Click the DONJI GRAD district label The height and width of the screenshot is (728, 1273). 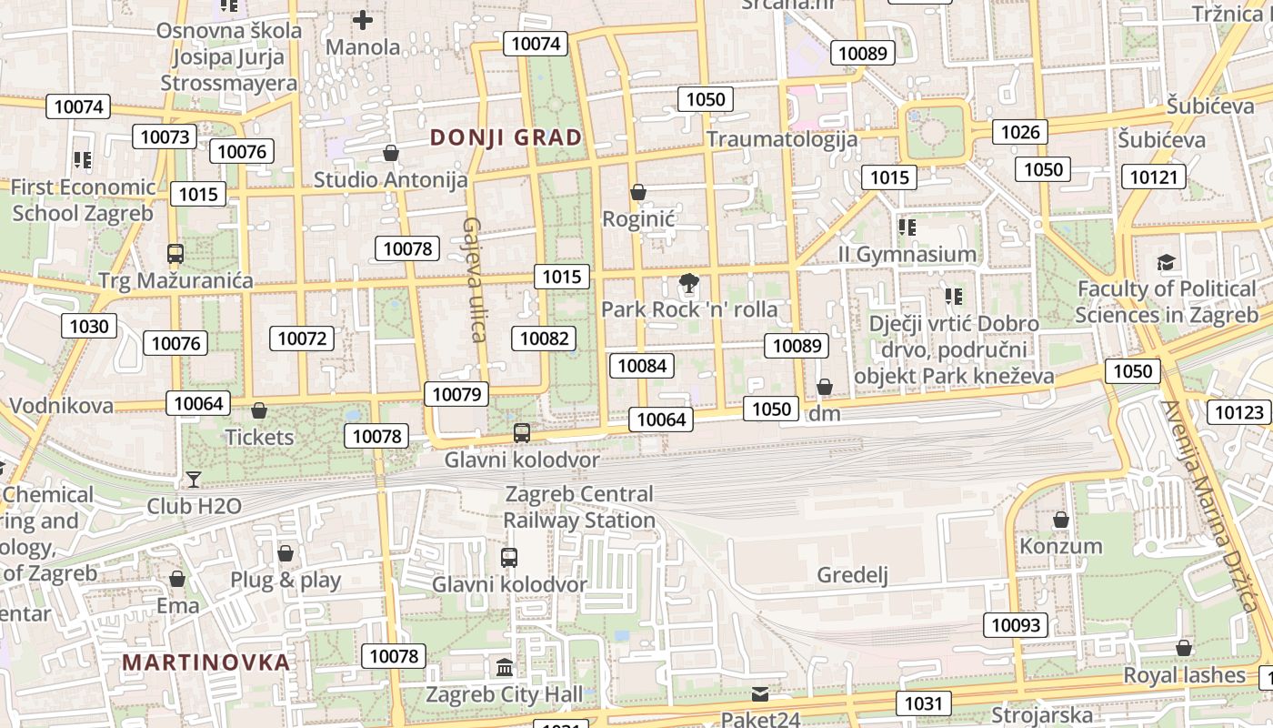click(x=506, y=137)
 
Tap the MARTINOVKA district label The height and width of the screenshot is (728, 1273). click(x=206, y=662)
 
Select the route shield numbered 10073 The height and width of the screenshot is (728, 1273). click(x=165, y=137)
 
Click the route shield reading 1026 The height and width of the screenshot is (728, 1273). click(x=1019, y=132)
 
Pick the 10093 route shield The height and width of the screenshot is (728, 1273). click(x=1015, y=625)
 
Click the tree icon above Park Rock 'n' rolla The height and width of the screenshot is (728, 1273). click(x=689, y=283)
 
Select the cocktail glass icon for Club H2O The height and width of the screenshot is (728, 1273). click(x=194, y=479)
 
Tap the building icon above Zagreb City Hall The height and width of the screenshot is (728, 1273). click(x=505, y=668)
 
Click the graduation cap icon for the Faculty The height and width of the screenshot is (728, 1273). click(x=1166, y=263)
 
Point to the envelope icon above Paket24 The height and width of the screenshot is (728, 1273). click(x=760, y=694)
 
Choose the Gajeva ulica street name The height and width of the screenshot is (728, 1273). click(x=475, y=278)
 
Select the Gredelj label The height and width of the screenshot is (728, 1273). click(x=852, y=574)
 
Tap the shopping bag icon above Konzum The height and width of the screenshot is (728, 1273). click(x=1060, y=521)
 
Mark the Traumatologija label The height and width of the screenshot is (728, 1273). click(x=782, y=139)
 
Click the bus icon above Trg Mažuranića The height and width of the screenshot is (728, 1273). click(x=175, y=254)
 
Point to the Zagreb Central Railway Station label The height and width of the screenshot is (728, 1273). click(x=579, y=507)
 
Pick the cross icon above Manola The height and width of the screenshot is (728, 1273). click(x=363, y=20)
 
